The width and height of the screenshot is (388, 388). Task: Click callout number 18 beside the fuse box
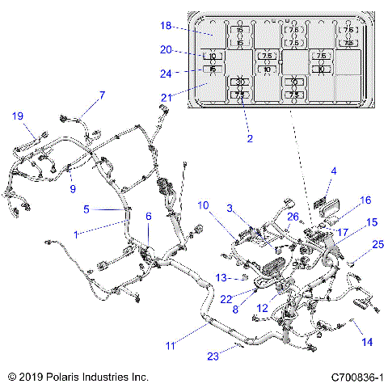tap(166, 27)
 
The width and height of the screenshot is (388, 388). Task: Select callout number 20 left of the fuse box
tap(166, 49)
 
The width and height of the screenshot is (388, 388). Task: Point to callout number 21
tap(166, 98)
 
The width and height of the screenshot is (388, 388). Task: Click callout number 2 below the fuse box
tap(250, 138)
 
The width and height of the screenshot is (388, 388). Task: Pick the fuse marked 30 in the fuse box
tap(240, 82)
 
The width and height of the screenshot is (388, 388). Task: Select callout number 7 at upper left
tap(103, 95)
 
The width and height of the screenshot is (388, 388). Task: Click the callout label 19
tap(18, 116)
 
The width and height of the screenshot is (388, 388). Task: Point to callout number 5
tap(86, 208)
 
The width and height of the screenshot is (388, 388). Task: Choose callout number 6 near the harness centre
tap(148, 216)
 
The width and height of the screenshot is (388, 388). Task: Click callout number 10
tap(203, 205)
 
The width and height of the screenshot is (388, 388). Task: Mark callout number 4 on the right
tap(333, 171)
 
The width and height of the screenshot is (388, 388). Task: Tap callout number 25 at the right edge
tap(377, 244)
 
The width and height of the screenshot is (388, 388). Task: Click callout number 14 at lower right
tap(367, 342)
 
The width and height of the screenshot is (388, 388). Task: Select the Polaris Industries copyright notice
tap(78, 377)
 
